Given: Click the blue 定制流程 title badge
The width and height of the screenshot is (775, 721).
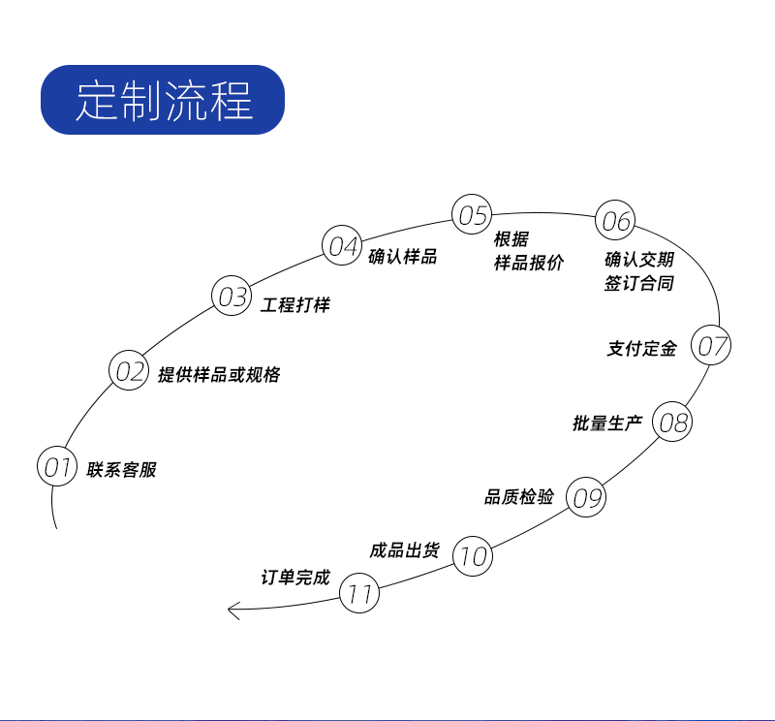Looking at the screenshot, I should (163, 100).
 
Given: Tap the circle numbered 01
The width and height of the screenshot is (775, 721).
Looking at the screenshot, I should (57, 467).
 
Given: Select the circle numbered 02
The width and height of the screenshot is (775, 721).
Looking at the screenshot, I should (129, 371).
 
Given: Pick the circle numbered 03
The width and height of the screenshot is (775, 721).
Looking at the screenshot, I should (232, 297).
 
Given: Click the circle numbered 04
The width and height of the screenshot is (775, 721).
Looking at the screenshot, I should (343, 245).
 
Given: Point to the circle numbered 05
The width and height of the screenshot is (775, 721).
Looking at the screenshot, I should (473, 214).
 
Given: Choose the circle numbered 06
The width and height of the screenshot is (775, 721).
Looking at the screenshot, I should (615, 222).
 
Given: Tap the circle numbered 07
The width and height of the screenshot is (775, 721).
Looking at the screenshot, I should (712, 346).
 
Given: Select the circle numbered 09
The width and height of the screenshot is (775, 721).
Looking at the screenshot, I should (586, 498).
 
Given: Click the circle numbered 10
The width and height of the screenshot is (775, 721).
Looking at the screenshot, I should (473, 556).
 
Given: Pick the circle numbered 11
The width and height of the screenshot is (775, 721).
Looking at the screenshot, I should (360, 594).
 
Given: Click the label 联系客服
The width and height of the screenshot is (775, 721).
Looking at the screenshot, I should (121, 470).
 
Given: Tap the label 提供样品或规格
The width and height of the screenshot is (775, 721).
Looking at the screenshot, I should (219, 375).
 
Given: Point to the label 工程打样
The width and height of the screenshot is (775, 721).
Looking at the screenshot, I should (295, 305).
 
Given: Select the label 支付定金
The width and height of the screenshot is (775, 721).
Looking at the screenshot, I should (641, 349).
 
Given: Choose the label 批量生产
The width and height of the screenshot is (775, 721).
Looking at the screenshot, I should (607, 423).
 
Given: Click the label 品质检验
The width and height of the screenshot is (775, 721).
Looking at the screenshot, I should (519, 497).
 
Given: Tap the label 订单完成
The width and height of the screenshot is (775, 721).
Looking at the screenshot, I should (295, 578).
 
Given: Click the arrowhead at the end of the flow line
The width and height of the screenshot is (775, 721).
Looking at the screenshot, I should (233, 610).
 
